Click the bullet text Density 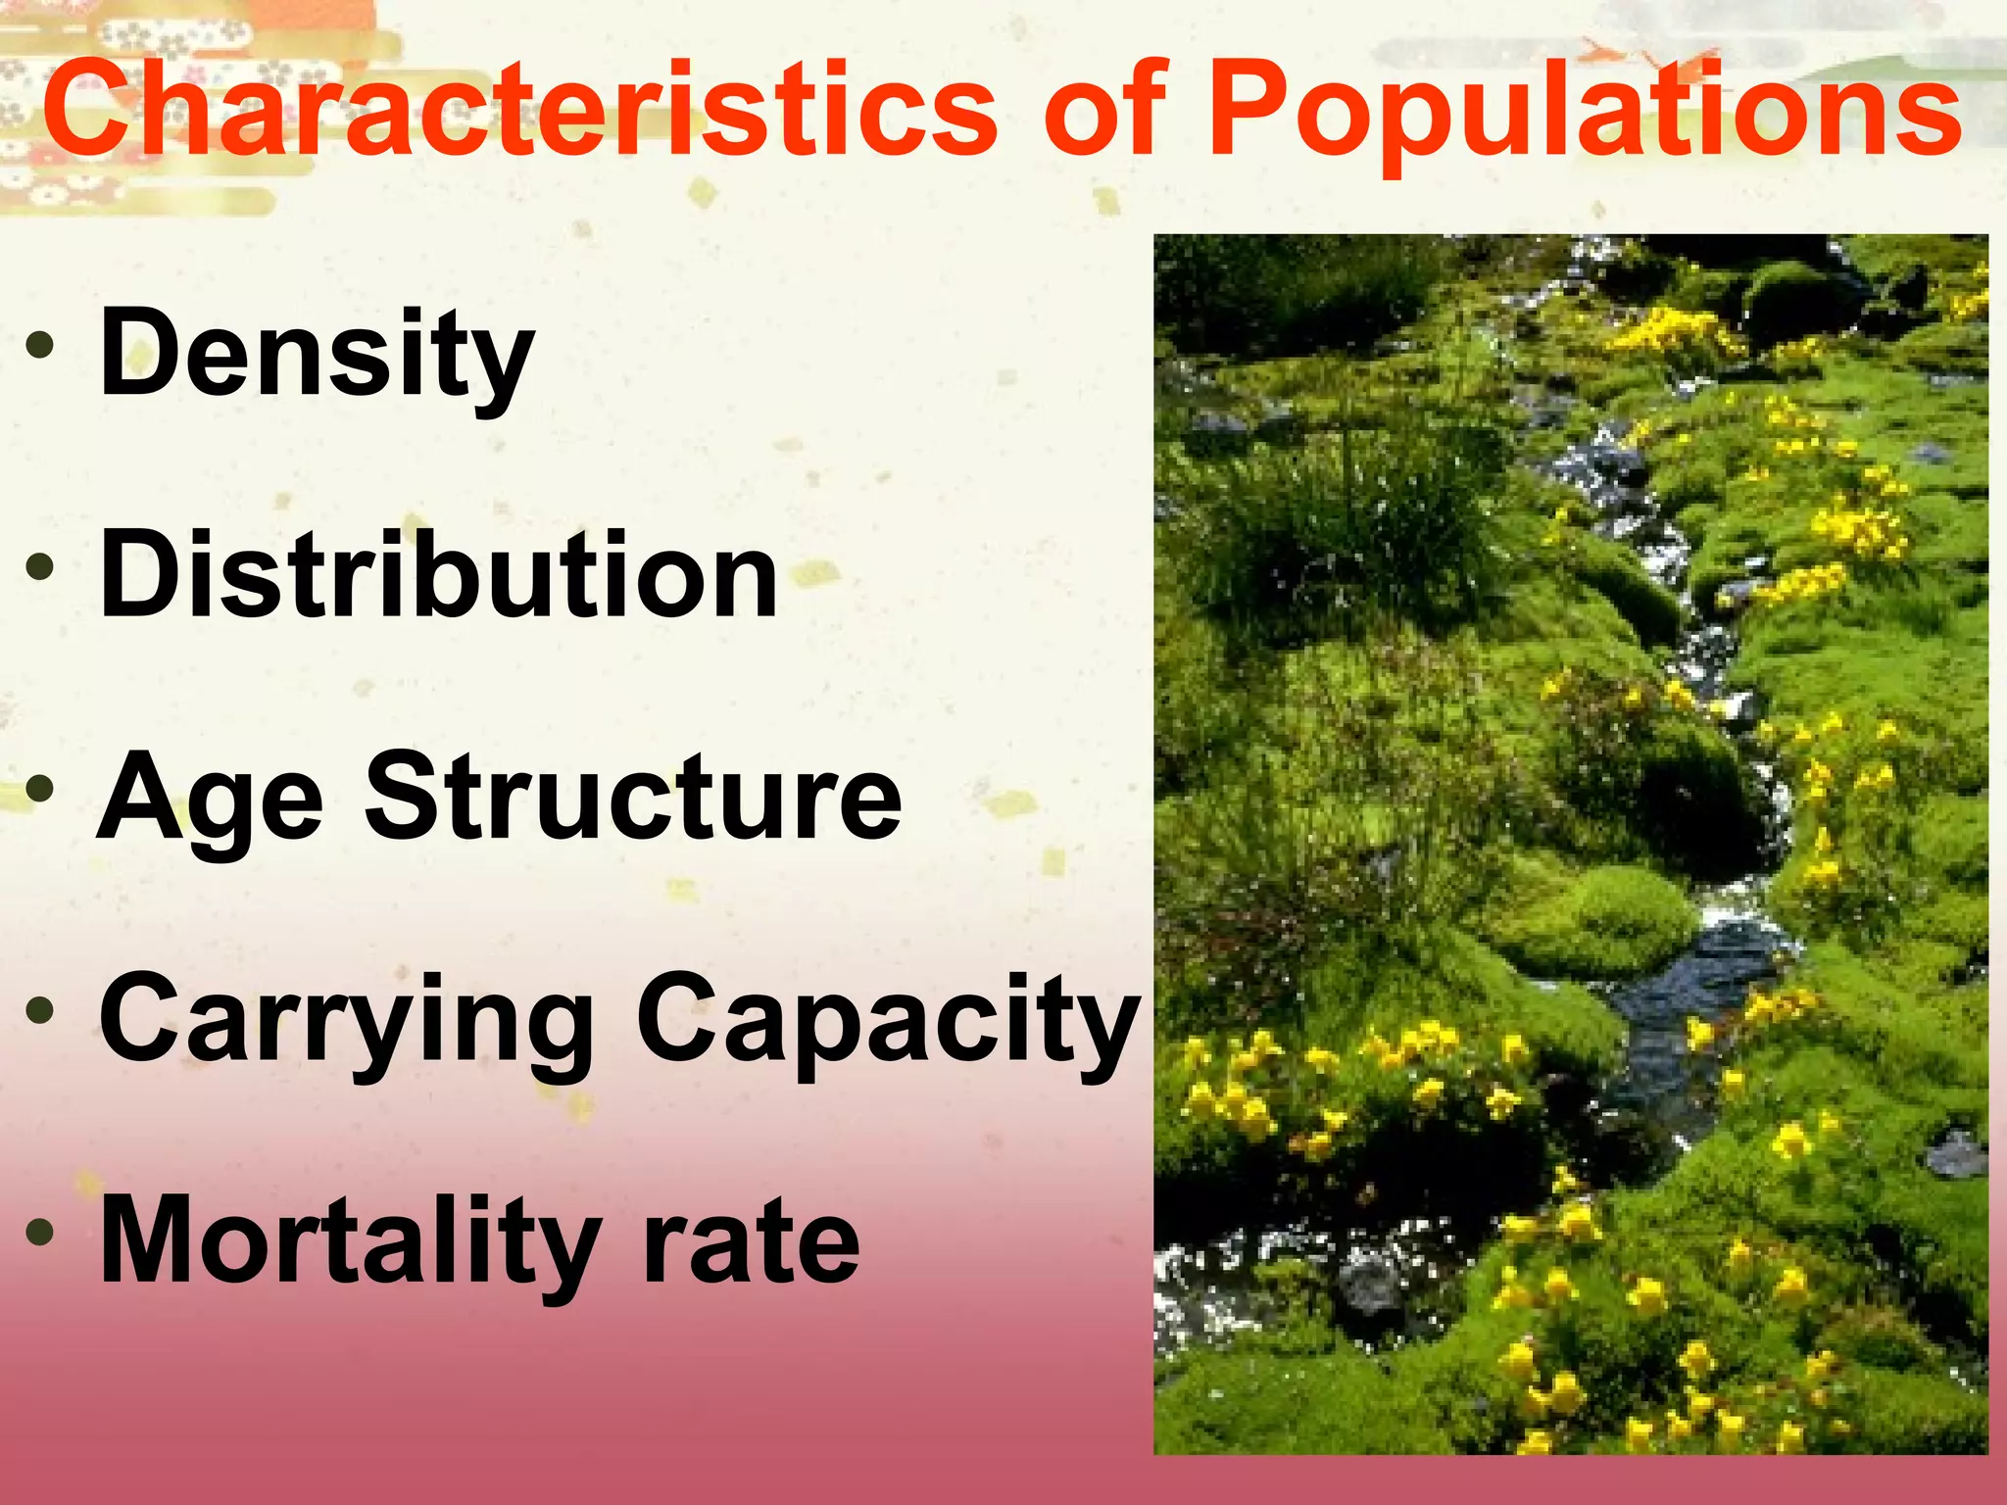pos(316,355)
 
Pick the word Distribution pos(438,575)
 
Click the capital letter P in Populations pos(1254,108)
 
